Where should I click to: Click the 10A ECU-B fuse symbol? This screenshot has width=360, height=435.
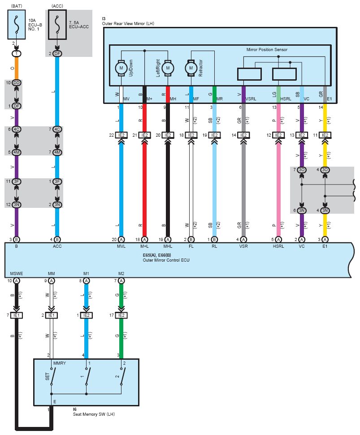17,25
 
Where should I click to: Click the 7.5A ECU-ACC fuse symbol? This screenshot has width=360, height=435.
57,25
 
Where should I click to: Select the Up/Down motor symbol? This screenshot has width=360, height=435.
121,68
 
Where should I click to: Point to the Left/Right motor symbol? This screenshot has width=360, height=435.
168,68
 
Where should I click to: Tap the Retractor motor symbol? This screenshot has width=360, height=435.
191,68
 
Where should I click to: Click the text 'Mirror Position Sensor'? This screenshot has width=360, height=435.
267,50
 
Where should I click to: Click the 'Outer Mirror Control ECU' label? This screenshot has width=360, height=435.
166,260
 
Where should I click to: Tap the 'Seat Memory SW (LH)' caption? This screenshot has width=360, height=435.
94,414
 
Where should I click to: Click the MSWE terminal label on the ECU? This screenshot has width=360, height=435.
17,274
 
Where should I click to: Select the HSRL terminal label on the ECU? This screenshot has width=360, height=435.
278,246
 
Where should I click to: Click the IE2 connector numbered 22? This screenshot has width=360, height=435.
121,135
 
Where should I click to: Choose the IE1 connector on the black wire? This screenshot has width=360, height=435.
17,315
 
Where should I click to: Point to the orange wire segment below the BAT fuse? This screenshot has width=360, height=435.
17,68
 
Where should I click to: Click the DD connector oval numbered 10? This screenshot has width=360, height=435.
17,83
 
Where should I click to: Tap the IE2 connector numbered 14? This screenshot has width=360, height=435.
243,135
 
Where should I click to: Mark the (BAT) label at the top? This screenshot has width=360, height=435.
17,6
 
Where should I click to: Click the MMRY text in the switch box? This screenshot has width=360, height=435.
59,363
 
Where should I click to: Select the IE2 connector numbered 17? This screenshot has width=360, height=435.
121,315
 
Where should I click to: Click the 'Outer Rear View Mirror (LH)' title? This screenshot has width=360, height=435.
128,24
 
